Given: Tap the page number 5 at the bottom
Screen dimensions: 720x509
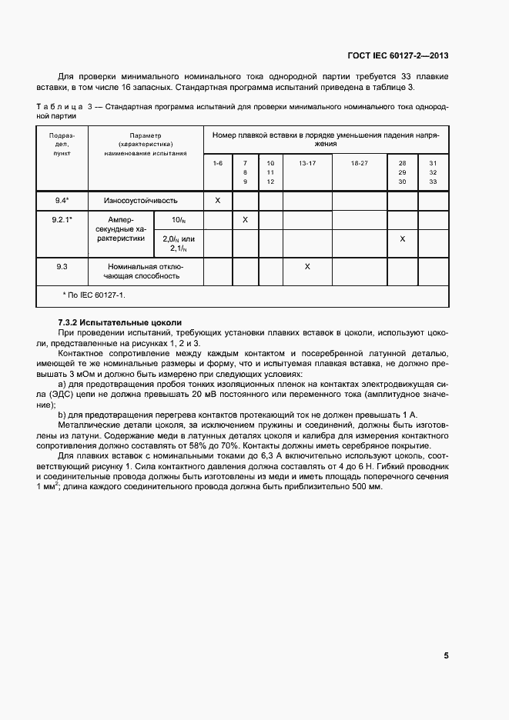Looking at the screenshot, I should (x=446, y=655).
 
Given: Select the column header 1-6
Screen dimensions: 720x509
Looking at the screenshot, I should (x=217, y=164).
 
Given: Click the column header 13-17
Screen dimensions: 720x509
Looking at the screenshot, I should (x=306, y=164).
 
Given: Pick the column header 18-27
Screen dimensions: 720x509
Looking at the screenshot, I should (x=359, y=164).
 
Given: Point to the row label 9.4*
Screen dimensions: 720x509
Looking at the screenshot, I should (x=63, y=201).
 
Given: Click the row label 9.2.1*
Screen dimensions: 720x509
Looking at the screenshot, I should (x=63, y=220).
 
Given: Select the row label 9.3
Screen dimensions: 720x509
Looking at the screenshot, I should (x=63, y=266).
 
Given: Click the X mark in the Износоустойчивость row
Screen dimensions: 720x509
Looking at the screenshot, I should (x=217, y=201).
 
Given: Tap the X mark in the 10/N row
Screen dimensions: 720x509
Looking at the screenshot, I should (x=245, y=220).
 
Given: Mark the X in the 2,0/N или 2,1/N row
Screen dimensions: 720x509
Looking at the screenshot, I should (x=402, y=239).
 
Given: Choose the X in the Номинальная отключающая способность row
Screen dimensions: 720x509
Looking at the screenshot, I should (x=306, y=266).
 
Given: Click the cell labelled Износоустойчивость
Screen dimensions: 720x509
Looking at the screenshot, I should (x=146, y=201).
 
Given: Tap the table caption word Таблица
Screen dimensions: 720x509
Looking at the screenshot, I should (x=59, y=107).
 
